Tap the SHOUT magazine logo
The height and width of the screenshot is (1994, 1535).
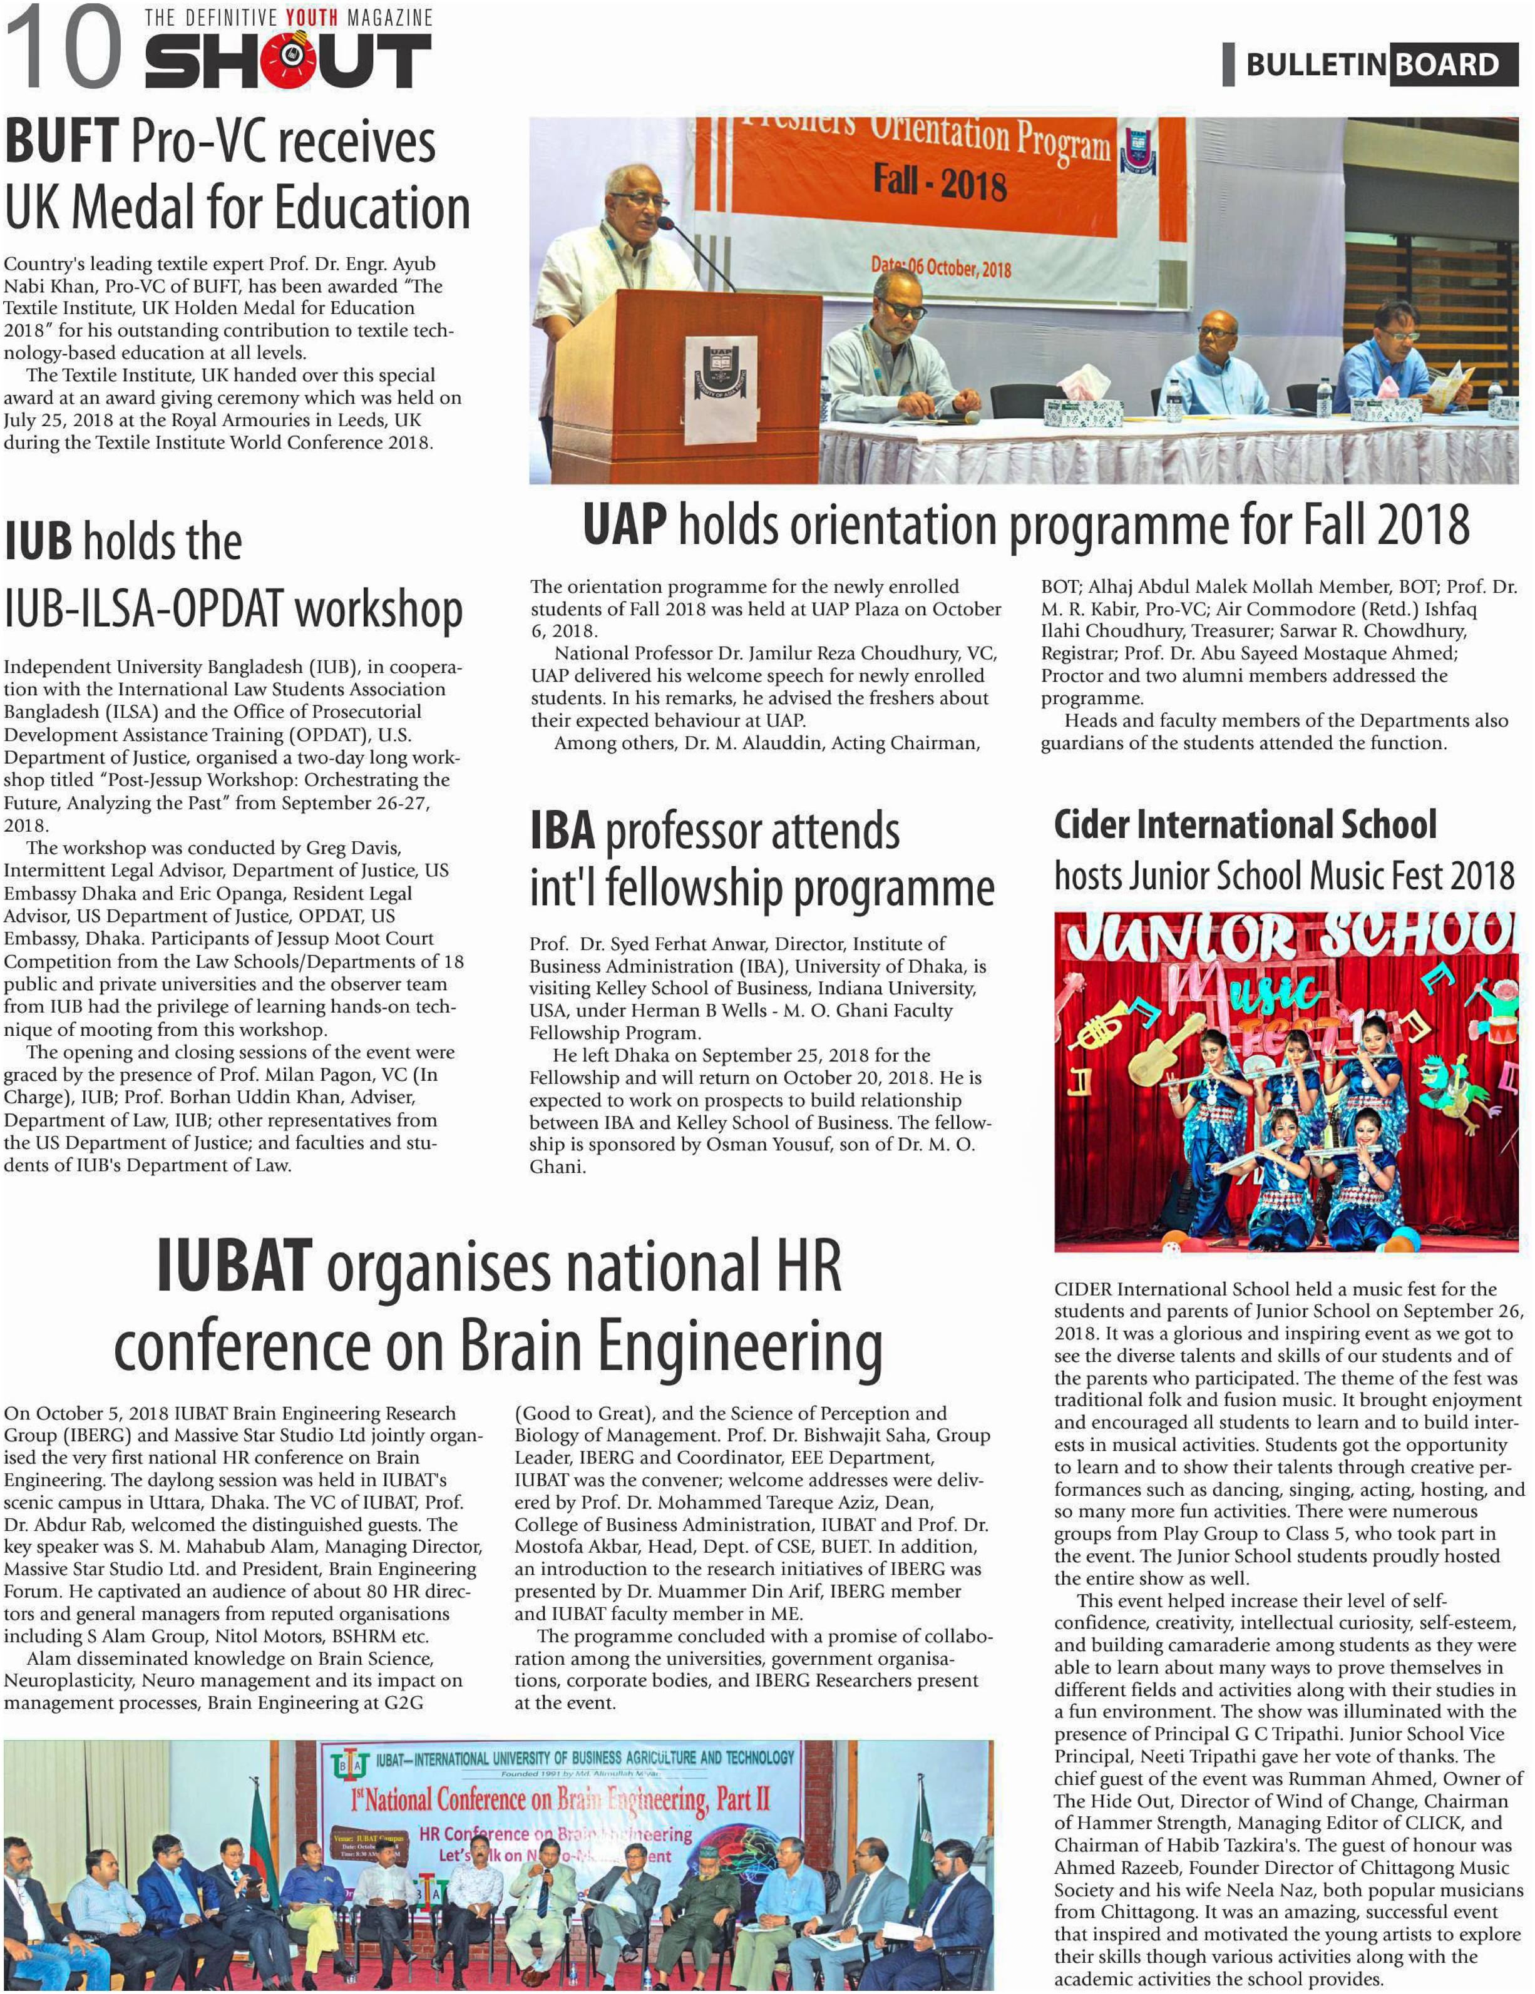tap(287, 59)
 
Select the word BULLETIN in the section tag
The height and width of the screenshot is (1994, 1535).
tap(1316, 65)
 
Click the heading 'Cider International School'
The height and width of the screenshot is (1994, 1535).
tap(1245, 824)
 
